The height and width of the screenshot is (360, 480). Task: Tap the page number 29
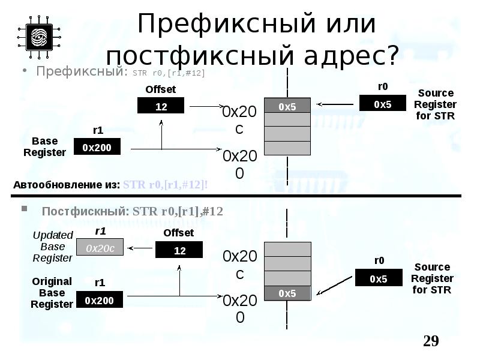(x=431, y=341)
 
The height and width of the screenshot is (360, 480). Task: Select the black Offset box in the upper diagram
(x=161, y=106)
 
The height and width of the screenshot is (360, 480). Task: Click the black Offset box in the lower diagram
(x=179, y=251)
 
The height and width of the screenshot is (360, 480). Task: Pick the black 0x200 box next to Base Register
(x=97, y=147)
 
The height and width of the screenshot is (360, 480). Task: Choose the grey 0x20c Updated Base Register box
(x=100, y=247)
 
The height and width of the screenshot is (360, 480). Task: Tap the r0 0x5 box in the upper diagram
(x=382, y=103)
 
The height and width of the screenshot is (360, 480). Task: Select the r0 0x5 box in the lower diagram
(x=379, y=278)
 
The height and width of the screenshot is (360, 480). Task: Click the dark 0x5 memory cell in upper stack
(x=287, y=106)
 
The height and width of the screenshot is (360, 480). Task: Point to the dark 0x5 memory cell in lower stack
(x=287, y=293)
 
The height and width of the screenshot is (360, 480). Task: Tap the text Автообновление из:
(x=67, y=185)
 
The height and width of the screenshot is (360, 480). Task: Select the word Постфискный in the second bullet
(x=85, y=211)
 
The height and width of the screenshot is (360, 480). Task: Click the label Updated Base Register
(x=53, y=246)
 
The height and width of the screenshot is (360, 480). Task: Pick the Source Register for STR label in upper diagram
(x=436, y=104)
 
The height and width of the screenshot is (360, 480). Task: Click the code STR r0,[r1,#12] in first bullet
(x=169, y=73)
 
